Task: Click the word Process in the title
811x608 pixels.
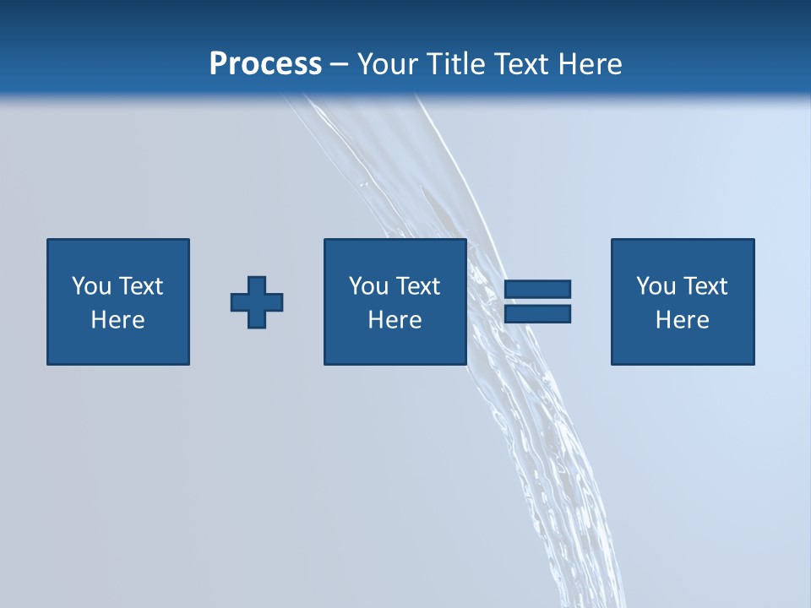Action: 265,64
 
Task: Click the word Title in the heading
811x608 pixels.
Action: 455,64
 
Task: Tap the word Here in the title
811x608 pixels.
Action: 586,64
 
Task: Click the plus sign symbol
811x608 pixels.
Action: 257,301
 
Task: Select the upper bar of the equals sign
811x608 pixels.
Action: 537,289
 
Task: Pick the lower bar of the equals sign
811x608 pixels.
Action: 537,313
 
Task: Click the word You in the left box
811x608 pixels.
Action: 91,286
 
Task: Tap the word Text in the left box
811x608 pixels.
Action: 140,286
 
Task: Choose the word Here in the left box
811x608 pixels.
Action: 117,320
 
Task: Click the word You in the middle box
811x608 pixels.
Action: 368,286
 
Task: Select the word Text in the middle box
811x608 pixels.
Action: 417,286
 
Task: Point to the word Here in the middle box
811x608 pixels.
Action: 395,320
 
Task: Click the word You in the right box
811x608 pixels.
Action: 656,286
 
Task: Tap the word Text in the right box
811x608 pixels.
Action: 705,286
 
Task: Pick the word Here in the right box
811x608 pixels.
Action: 682,320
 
